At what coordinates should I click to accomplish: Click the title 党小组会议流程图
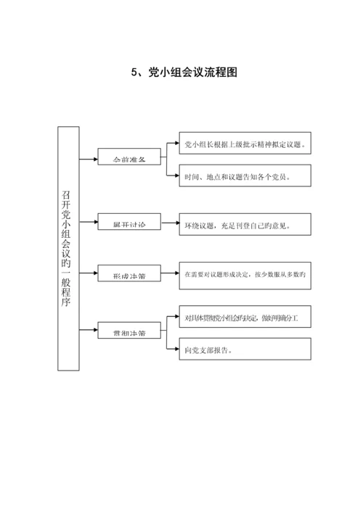point(192,73)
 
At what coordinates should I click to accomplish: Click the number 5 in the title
point(134,73)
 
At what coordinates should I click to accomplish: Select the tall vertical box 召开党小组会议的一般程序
point(68,247)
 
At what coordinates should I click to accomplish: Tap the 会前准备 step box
point(129,157)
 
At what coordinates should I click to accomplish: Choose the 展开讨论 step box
point(129,225)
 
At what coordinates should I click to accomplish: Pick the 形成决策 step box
point(129,275)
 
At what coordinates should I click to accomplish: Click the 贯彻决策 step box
point(129,333)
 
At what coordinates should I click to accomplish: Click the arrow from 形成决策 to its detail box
point(170,275)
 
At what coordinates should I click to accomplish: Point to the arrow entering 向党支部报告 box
point(173,350)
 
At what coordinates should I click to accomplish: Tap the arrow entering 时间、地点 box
point(173,176)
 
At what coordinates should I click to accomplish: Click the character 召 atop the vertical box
point(68,196)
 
